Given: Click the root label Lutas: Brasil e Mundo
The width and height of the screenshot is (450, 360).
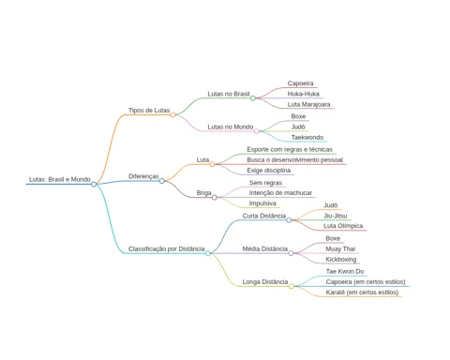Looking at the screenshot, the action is [60, 179].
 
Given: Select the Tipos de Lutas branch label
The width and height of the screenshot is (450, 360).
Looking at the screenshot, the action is [149, 111].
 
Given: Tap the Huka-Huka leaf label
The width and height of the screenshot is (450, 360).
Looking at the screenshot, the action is [304, 94].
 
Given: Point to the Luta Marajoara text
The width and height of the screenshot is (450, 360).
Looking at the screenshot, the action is [308, 104].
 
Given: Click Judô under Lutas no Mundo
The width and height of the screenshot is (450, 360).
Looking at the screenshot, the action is [298, 127].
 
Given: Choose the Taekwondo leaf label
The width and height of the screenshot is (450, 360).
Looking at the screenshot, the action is [307, 137].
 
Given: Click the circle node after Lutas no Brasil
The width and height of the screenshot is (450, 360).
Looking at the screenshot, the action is [253, 98].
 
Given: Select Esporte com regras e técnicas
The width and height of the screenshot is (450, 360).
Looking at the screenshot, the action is [290, 149].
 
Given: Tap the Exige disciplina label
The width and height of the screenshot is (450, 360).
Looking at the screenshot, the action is [269, 171].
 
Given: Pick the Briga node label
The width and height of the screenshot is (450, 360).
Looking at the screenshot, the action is [203, 193].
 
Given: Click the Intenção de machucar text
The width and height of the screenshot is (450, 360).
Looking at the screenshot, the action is [280, 193].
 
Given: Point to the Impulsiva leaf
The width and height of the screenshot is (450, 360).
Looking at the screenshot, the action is [262, 203].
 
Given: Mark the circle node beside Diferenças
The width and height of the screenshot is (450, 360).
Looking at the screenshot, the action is [162, 181].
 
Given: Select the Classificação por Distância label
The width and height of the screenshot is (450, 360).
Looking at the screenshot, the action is [167, 249].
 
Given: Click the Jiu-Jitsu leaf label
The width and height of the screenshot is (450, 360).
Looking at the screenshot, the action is [336, 216].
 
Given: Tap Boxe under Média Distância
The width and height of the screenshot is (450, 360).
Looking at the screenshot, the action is [333, 238].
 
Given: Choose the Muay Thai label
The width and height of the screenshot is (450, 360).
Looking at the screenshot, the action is [340, 249].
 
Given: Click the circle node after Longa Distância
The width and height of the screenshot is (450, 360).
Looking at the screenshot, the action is [292, 286].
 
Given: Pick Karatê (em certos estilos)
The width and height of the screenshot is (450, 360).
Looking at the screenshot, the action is [362, 292].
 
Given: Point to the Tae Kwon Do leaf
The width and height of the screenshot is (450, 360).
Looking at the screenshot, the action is [345, 271].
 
